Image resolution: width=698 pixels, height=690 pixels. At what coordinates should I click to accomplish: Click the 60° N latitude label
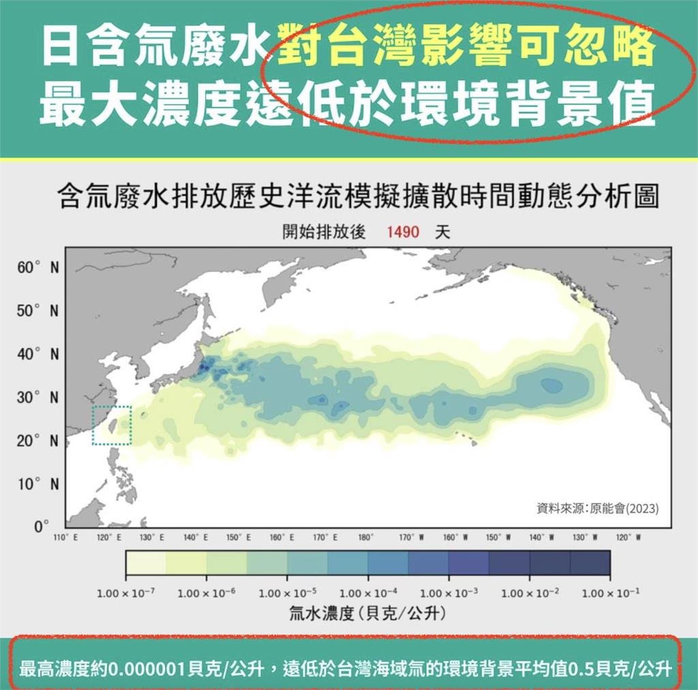pyautogui.click(x=37, y=268)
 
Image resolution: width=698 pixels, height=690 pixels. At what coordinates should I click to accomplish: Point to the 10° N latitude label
pyautogui.click(x=37, y=484)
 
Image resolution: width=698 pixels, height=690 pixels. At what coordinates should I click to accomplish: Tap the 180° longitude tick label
pyautogui.click(x=365, y=537)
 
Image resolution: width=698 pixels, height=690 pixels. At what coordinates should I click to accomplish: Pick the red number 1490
pyautogui.click(x=402, y=232)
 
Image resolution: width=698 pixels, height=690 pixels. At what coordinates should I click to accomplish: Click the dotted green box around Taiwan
pyautogui.click(x=112, y=426)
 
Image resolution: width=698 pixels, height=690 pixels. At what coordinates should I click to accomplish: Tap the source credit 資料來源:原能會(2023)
pyautogui.click(x=598, y=508)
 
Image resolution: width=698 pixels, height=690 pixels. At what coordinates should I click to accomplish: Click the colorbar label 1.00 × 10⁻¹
pyautogui.click(x=610, y=593)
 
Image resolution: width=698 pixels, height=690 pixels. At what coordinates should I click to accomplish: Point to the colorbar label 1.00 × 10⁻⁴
pyautogui.click(x=368, y=593)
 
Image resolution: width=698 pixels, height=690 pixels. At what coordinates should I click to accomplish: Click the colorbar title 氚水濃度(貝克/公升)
pyautogui.click(x=368, y=614)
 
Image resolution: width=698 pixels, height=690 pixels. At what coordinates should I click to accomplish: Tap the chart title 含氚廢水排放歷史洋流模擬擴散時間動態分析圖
pyautogui.click(x=359, y=198)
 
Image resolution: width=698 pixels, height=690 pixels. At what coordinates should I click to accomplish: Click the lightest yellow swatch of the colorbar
pyautogui.click(x=146, y=563)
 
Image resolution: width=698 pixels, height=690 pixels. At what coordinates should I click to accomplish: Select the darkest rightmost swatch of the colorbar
pyautogui.click(x=590, y=563)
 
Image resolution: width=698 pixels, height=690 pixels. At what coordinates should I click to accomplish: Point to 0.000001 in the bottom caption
pyautogui.click(x=146, y=668)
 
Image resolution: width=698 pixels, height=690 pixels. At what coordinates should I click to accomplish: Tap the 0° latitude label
pyautogui.click(x=41, y=527)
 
